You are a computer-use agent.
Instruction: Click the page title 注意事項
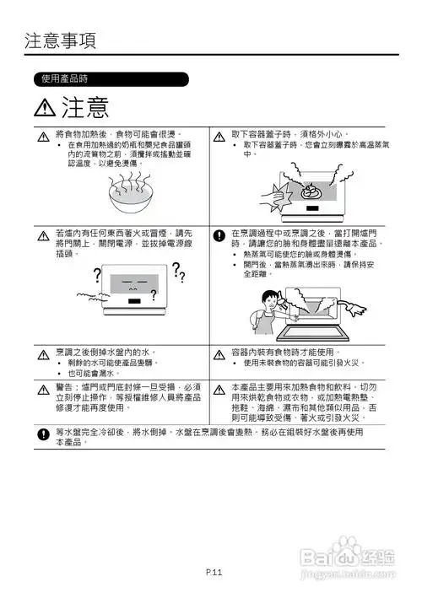click(60, 40)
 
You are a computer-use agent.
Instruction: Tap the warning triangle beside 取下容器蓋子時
click(219, 136)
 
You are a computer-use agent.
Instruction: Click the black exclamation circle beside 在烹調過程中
click(219, 234)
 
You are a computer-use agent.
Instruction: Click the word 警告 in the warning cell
click(66, 385)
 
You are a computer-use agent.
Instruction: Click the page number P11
click(213, 573)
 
